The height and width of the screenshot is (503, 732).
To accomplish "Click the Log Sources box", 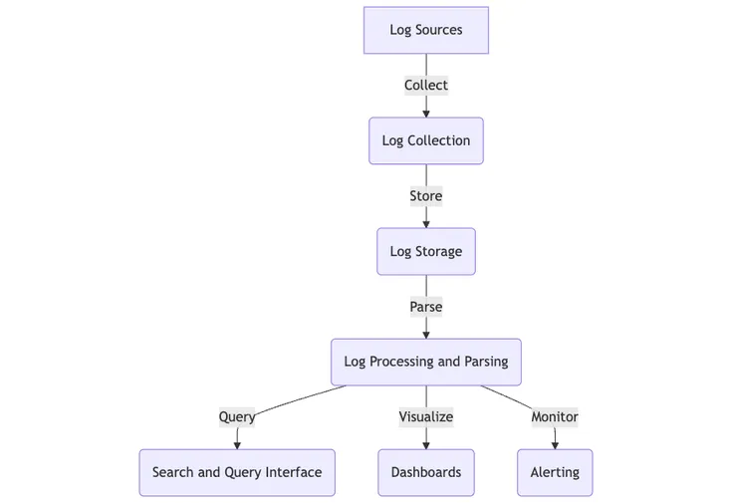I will [x=425, y=30].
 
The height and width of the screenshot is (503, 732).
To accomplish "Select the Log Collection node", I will [x=425, y=140].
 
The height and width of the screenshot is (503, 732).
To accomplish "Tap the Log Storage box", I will [x=425, y=251].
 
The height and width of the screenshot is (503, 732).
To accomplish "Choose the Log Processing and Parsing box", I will [x=425, y=362].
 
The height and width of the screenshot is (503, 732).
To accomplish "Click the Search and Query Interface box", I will [x=237, y=472].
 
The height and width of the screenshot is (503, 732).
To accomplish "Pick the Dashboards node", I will [x=425, y=472].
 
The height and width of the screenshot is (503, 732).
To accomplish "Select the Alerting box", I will [x=555, y=472].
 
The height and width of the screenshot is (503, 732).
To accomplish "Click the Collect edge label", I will [x=425, y=85].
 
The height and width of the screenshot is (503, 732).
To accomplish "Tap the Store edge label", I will [x=425, y=196].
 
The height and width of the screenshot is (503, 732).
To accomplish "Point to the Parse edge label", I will [x=425, y=307].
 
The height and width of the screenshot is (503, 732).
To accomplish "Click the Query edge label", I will [x=237, y=417].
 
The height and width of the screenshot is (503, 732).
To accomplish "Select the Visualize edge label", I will [x=425, y=417].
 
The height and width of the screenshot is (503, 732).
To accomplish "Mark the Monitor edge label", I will [x=555, y=417].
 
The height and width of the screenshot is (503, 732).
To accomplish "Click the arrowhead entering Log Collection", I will [x=425, y=114].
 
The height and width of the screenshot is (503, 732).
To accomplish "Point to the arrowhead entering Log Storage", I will [x=425, y=224].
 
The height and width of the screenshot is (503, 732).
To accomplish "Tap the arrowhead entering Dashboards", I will [x=425, y=445].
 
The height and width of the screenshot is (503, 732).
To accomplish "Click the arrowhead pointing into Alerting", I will [x=555, y=445].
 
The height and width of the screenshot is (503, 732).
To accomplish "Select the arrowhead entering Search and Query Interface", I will [x=237, y=445].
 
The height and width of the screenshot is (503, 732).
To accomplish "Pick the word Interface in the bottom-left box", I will [x=293, y=472].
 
